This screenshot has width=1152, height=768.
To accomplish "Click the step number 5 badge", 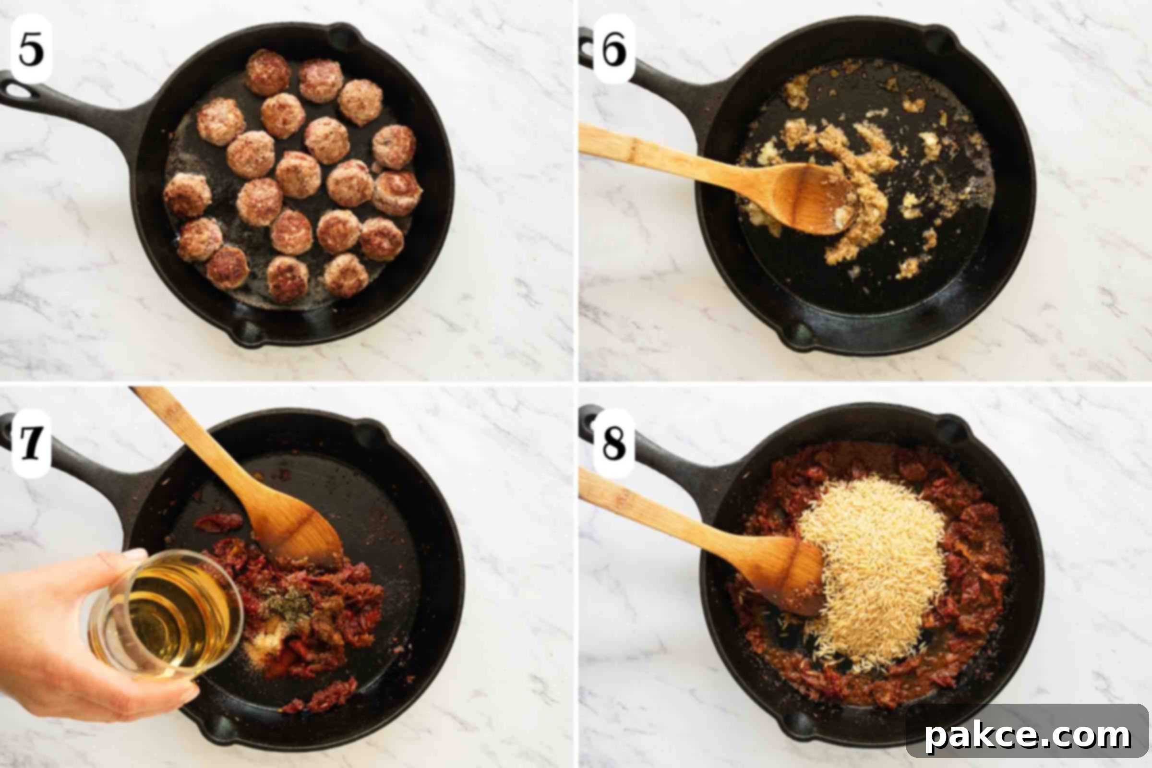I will coord(31,49).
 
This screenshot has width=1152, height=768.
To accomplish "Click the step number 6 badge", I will coord(614,49).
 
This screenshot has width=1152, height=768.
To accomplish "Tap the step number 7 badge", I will coord(31,443).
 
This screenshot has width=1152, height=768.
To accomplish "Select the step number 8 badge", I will coord(614,443).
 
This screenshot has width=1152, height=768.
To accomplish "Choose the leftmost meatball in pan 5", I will coord(187,195).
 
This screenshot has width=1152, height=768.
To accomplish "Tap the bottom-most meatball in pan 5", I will coord(288,279).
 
